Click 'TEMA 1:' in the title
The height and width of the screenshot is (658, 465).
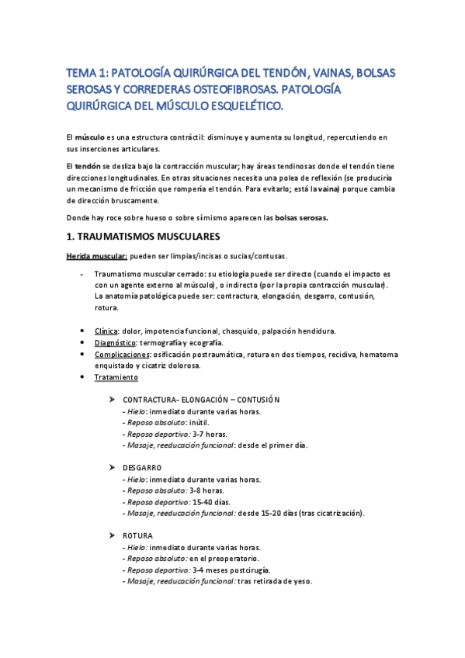coord(87,73)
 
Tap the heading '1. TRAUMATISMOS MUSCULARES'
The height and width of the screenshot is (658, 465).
coord(144,236)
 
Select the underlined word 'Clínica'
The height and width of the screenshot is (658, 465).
coord(106,331)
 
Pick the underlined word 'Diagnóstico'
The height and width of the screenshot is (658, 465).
coord(116,342)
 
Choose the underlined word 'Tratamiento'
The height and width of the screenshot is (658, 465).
coord(116,377)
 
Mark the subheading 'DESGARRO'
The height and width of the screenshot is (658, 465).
coord(142,468)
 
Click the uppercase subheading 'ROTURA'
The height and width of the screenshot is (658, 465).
coord(137,535)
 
